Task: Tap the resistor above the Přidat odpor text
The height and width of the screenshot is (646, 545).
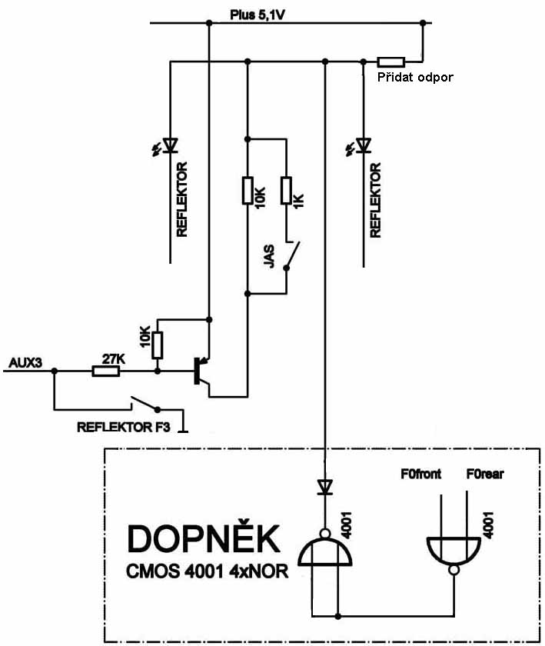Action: tap(390, 61)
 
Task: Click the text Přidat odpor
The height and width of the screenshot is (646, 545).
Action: tap(414, 78)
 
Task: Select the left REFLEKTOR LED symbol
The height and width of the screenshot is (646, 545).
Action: tap(169, 144)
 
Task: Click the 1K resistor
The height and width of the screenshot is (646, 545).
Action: tap(286, 190)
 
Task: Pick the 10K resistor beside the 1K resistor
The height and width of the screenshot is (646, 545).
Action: tap(247, 190)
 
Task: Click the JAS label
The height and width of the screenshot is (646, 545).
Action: tap(269, 256)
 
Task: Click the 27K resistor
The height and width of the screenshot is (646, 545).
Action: tap(105, 371)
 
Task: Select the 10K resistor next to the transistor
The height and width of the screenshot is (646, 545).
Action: tap(158, 345)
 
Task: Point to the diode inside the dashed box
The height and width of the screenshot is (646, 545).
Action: tap(325, 487)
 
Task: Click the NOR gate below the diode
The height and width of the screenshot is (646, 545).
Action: tap(325, 548)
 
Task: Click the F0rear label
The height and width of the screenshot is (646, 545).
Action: tap(485, 475)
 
